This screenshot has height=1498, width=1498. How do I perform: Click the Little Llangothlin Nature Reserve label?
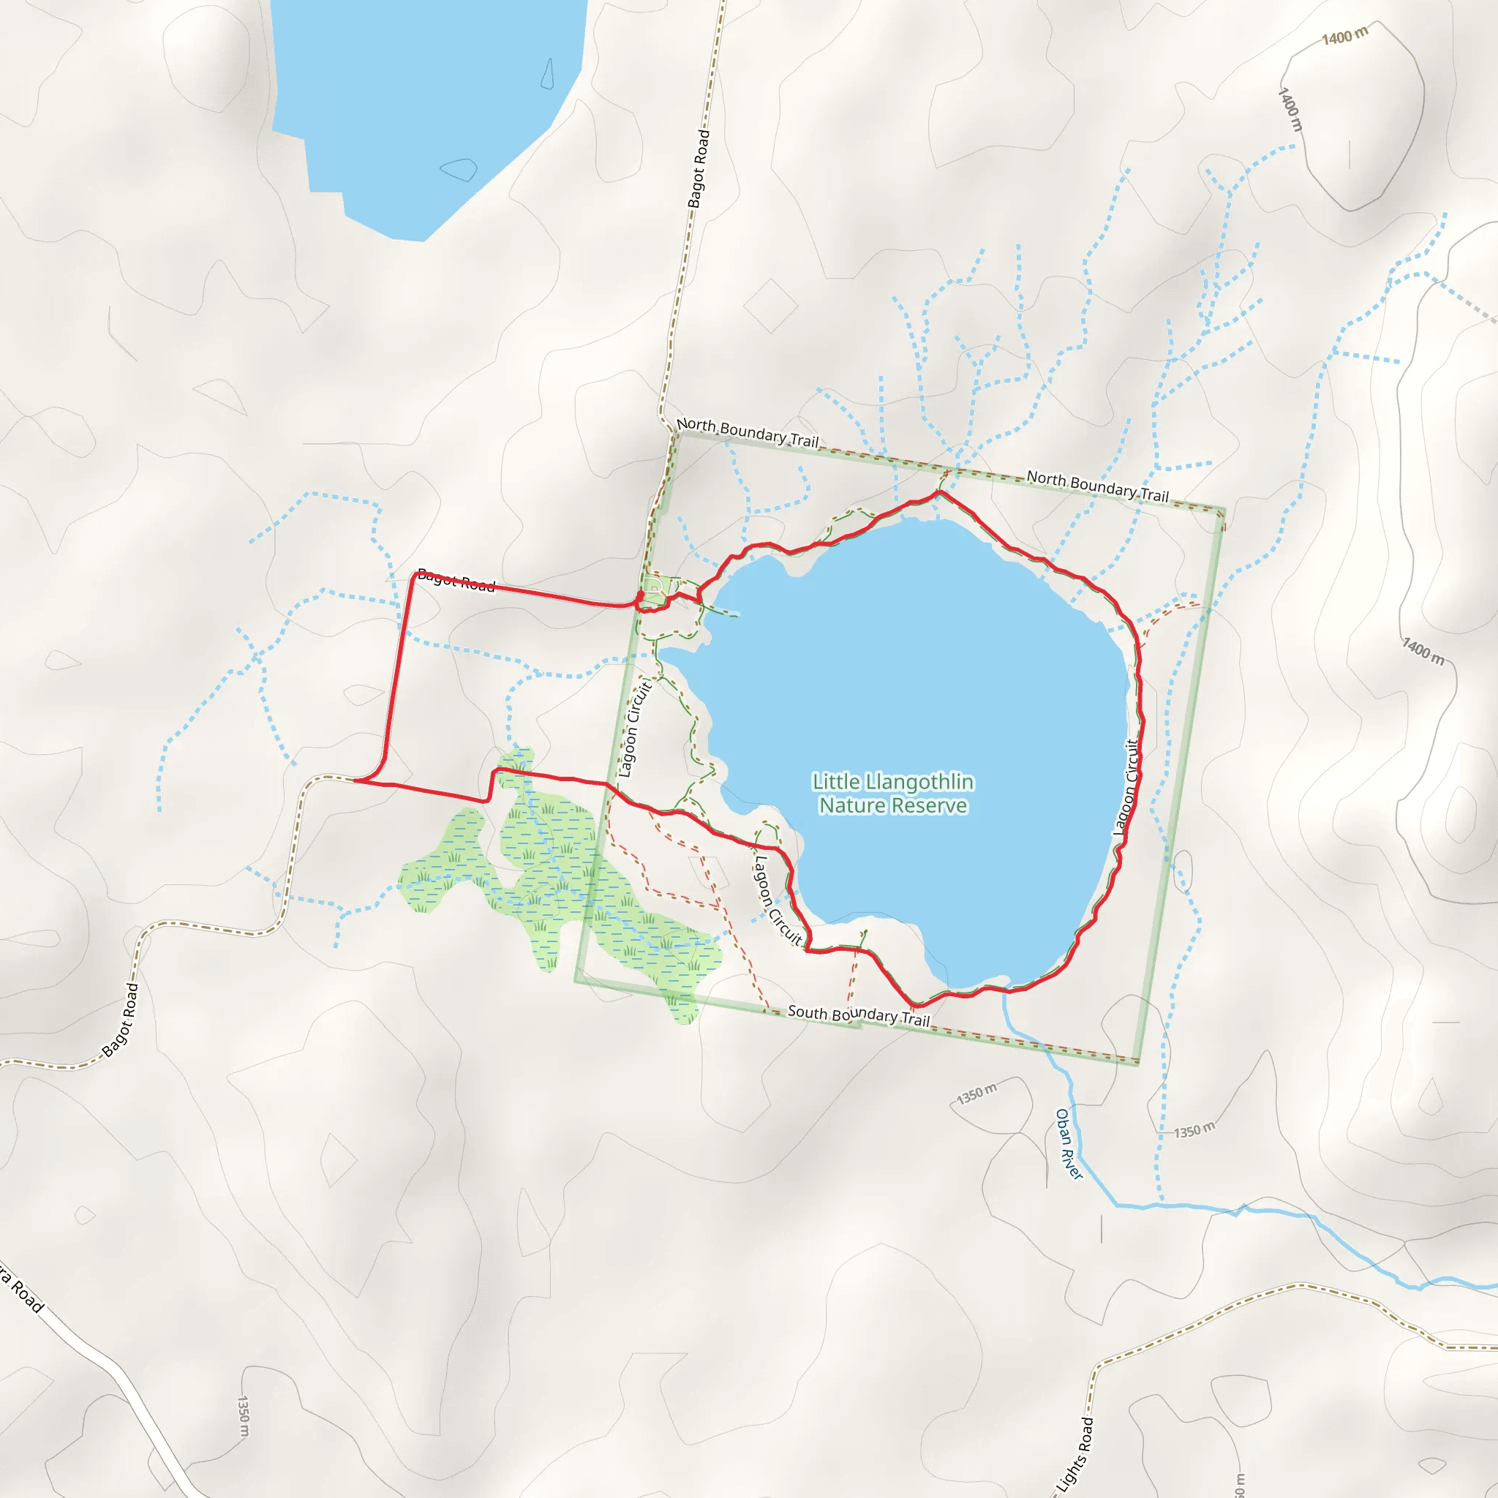tap(892, 793)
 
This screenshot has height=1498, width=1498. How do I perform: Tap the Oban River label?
tap(1069, 1144)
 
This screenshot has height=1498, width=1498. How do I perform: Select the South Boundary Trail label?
tap(858, 1015)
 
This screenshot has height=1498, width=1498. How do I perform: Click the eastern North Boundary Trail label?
tap(1097, 486)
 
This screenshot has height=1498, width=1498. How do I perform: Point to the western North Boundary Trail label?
tap(748, 432)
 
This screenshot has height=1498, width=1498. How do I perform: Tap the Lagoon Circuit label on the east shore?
tap(1126, 787)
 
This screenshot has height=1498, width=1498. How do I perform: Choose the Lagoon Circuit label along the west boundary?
tap(634, 729)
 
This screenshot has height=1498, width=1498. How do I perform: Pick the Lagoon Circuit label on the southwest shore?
tap(777, 900)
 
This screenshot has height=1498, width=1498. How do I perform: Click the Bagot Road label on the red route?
tap(456, 579)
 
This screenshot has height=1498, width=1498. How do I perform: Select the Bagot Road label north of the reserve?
tap(699, 168)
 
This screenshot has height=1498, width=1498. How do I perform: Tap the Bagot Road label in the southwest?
tap(121, 1020)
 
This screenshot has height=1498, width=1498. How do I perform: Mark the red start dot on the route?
tap(641, 595)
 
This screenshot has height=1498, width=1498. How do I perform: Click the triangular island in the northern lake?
tap(547, 74)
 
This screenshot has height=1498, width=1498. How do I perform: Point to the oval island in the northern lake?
tap(459, 168)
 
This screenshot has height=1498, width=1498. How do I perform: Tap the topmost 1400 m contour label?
tap(1344, 35)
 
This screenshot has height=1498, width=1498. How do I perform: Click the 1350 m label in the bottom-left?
tap(243, 1416)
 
